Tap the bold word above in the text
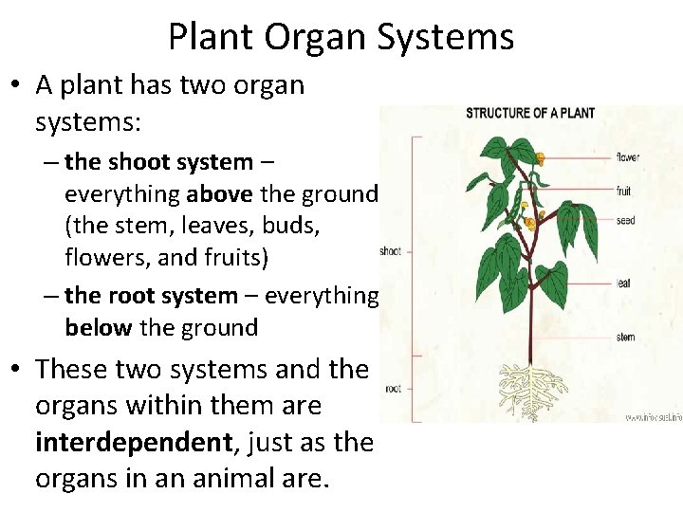(221, 194)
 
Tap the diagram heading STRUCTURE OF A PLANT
(530, 114)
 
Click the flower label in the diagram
(628, 156)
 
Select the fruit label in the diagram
(624, 191)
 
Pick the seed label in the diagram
(625, 221)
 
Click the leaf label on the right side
(624, 282)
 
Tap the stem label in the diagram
(626, 337)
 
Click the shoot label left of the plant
(390, 251)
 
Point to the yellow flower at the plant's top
(540, 158)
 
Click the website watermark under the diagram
(653, 416)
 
